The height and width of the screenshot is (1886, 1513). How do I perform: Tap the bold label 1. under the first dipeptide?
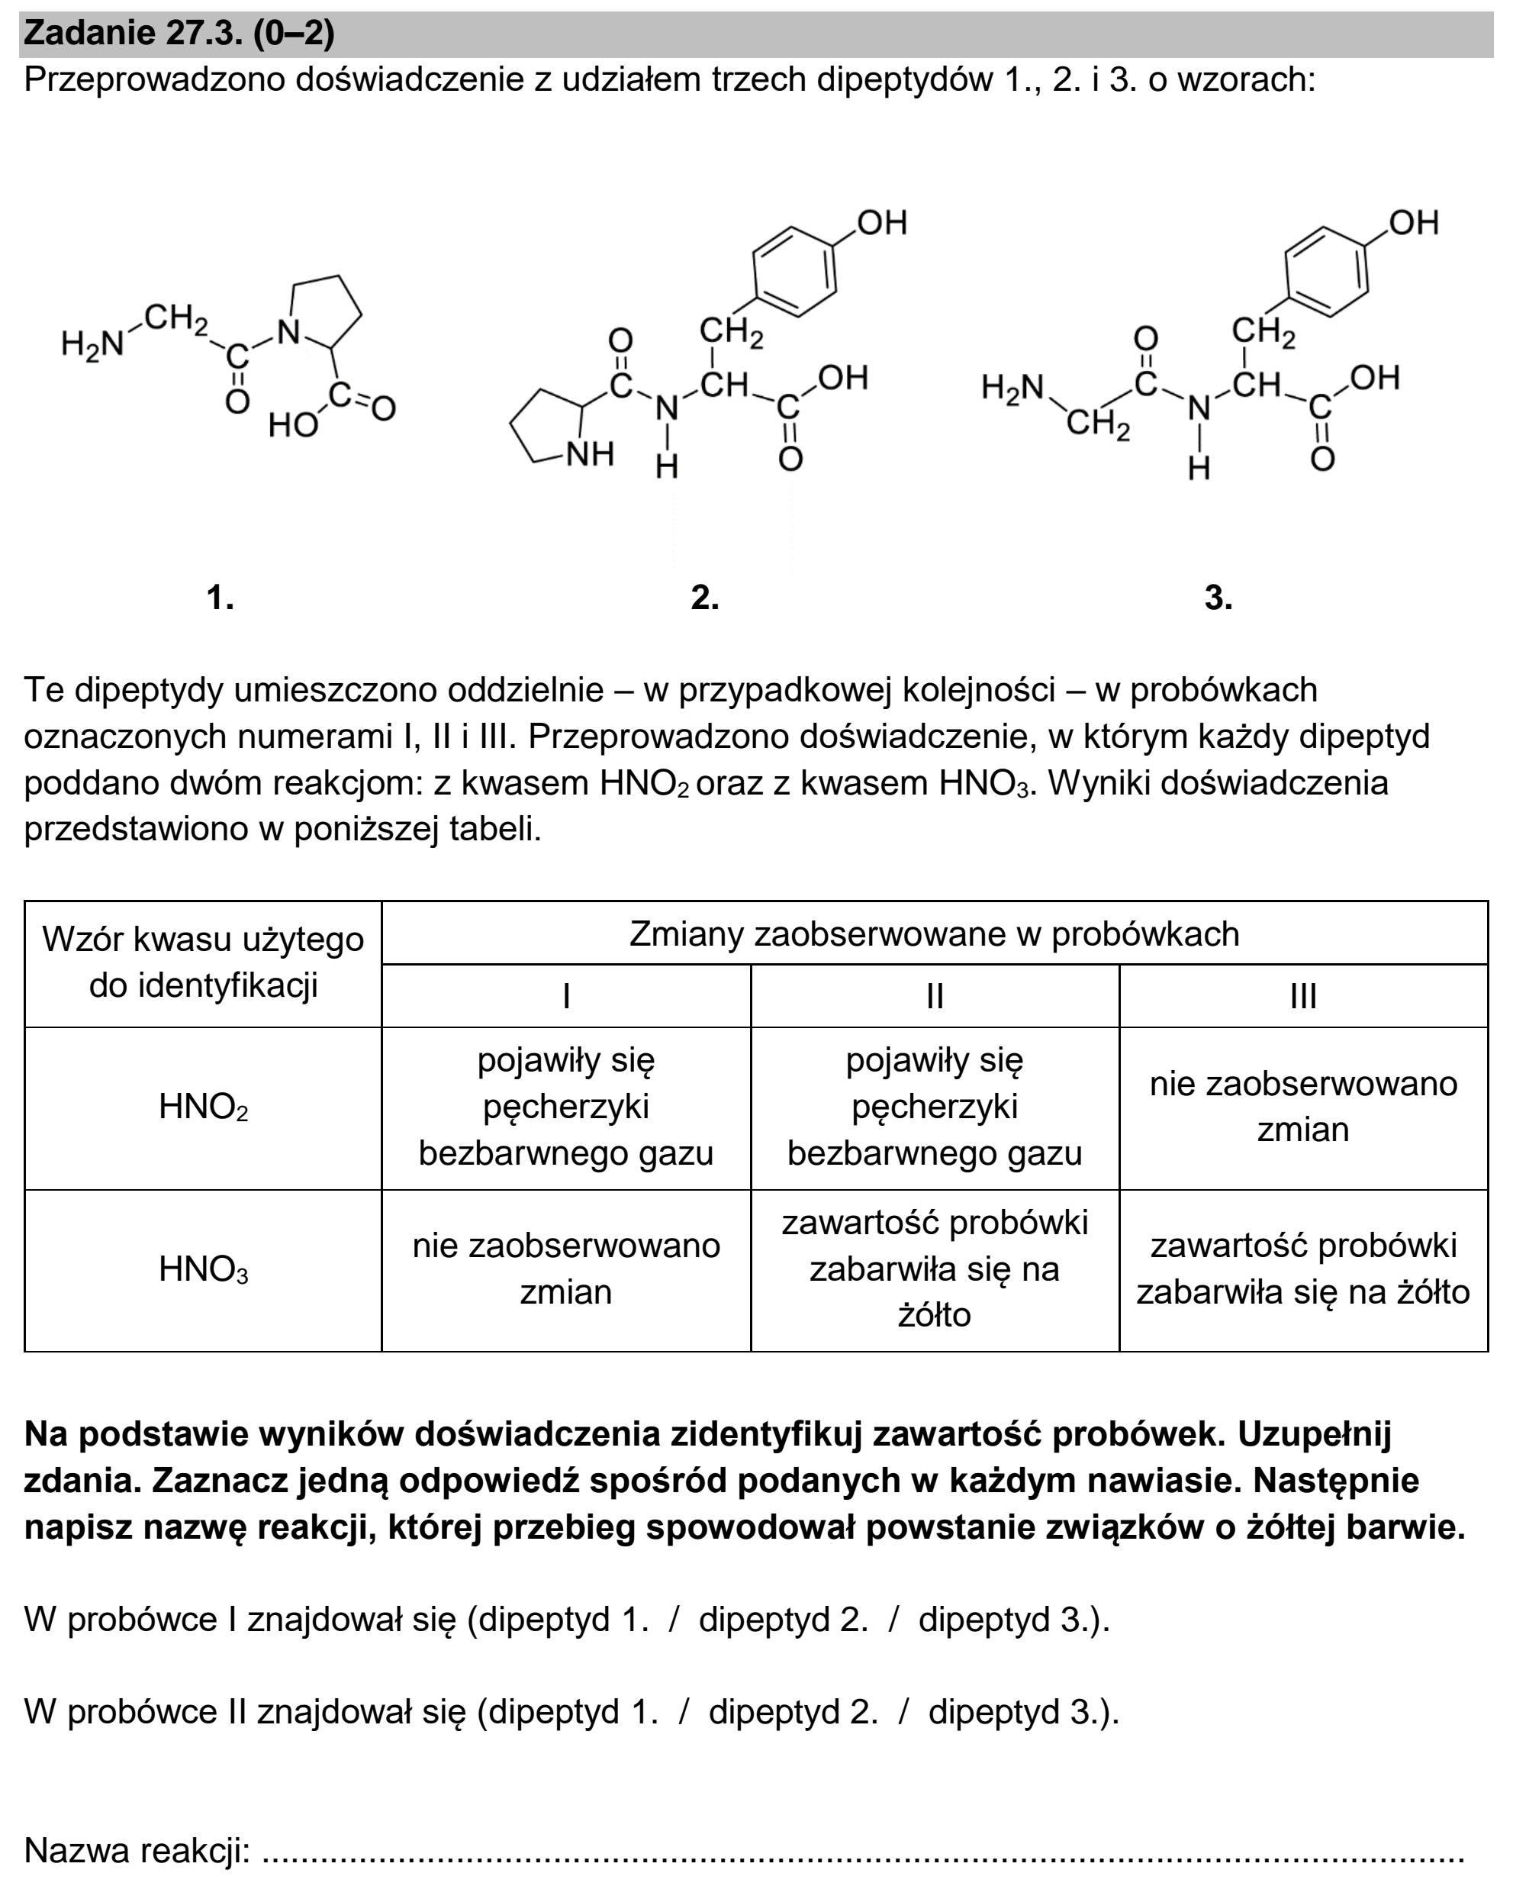click(x=221, y=598)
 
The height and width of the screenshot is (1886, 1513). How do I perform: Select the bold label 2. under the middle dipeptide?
click(x=705, y=598)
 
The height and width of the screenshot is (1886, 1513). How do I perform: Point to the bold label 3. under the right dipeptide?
click(x=1218, y=598)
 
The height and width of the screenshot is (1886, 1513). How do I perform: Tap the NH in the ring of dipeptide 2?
click(x=591, y=454)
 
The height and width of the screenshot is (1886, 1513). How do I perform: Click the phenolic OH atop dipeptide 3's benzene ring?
click(x=1413, y=222)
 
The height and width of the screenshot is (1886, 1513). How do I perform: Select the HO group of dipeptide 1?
click(x=293, y=425)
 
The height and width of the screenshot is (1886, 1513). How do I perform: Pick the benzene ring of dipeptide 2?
click(x=794, y=271)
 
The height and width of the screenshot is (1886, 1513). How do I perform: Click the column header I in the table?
click(x=567, y=996)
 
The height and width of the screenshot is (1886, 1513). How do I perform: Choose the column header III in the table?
click(x=1303, y=996)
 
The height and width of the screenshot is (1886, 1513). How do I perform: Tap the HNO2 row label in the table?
click(x=204, y=1107)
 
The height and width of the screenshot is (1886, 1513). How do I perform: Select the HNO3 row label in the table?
click(x=204, y=1269)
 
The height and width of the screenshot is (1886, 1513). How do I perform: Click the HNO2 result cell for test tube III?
click(x=1303, y=1107)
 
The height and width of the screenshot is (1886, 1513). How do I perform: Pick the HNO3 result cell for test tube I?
click(x=567, y=1270)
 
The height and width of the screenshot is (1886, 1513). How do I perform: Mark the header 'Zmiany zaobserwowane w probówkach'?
click(x=934, y=934)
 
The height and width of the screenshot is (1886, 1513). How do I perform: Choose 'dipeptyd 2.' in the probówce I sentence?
click(x=784, y=1620)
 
